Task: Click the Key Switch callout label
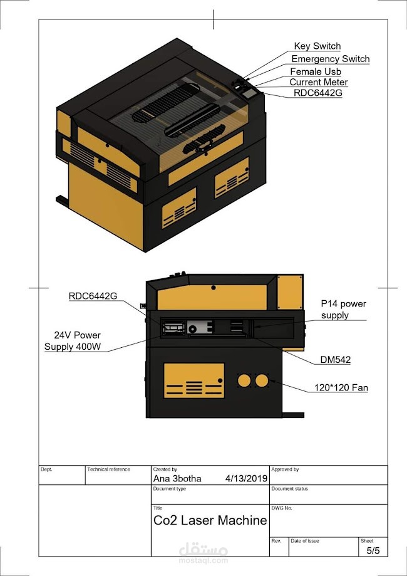(x=317, y=46)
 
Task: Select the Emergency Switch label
(x=331, y=59)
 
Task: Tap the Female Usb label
(x=316, y=71)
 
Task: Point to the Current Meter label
(x=319, y=82)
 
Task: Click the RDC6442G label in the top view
(x=318, y=93)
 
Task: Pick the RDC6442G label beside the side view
(x=93, y=296)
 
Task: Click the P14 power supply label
(x=343, y=309)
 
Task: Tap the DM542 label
(x=335, y=360)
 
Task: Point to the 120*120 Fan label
(x=341, y=388)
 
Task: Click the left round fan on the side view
(x=244, y=380)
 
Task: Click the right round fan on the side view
(x=262, y=380)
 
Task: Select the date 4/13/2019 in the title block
(x=246, y=478)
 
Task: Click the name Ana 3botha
(x=178, y=478)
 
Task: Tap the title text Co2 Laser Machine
(x=210, y=520)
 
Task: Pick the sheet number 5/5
(x=373, y=550)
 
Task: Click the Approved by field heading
(x=286, y=469)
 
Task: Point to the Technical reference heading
(x=109, y=469)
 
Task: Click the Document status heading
(x=292, y=488)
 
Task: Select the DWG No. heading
(x=282, y=508)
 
